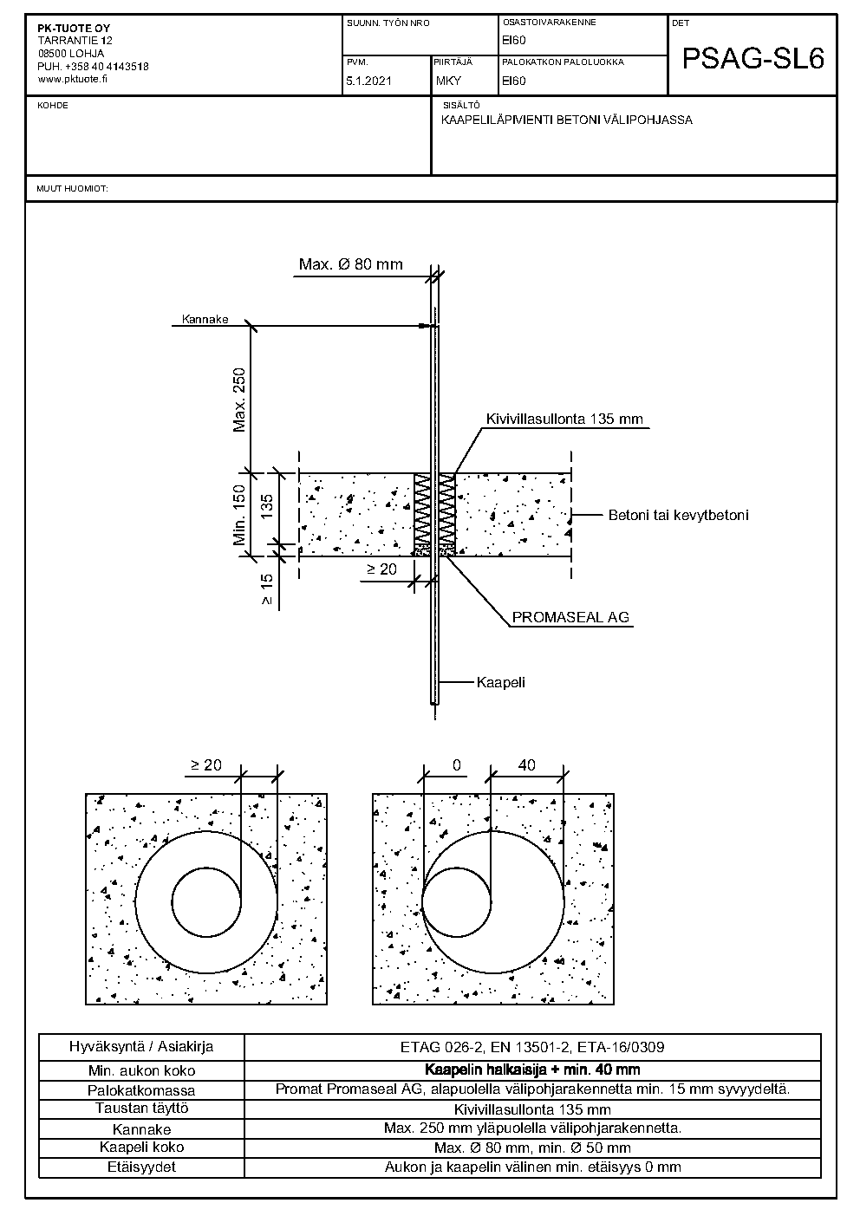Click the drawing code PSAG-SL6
[x=752, y=58]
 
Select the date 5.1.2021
[x=369, y=81]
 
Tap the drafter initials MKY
[x=448, y=81]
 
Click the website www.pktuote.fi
[x=73, y=78]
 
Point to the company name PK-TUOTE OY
[x=74, y=29]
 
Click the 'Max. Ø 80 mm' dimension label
[x=350, y=264]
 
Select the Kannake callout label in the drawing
[x=205, y=320]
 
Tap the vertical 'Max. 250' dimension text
[x=240, y=400]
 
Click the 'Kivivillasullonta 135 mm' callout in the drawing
[x=564, y=419]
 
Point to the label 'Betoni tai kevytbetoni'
[x=678, y=515]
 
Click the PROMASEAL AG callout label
[x=570, y=618]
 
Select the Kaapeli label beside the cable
[x=501, y=682]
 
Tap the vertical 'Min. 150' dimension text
[x=240, y=515]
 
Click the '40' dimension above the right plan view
[x=526, y=765]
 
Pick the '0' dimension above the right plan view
[x=456, y=765]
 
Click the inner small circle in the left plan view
[x=206, y=902]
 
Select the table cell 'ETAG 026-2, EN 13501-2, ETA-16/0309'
[x=532, y=1047]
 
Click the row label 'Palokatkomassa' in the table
[x=141, y=1090]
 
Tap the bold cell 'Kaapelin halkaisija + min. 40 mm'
[x=532, y=1070]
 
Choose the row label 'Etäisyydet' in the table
[x=141, y=1167]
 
